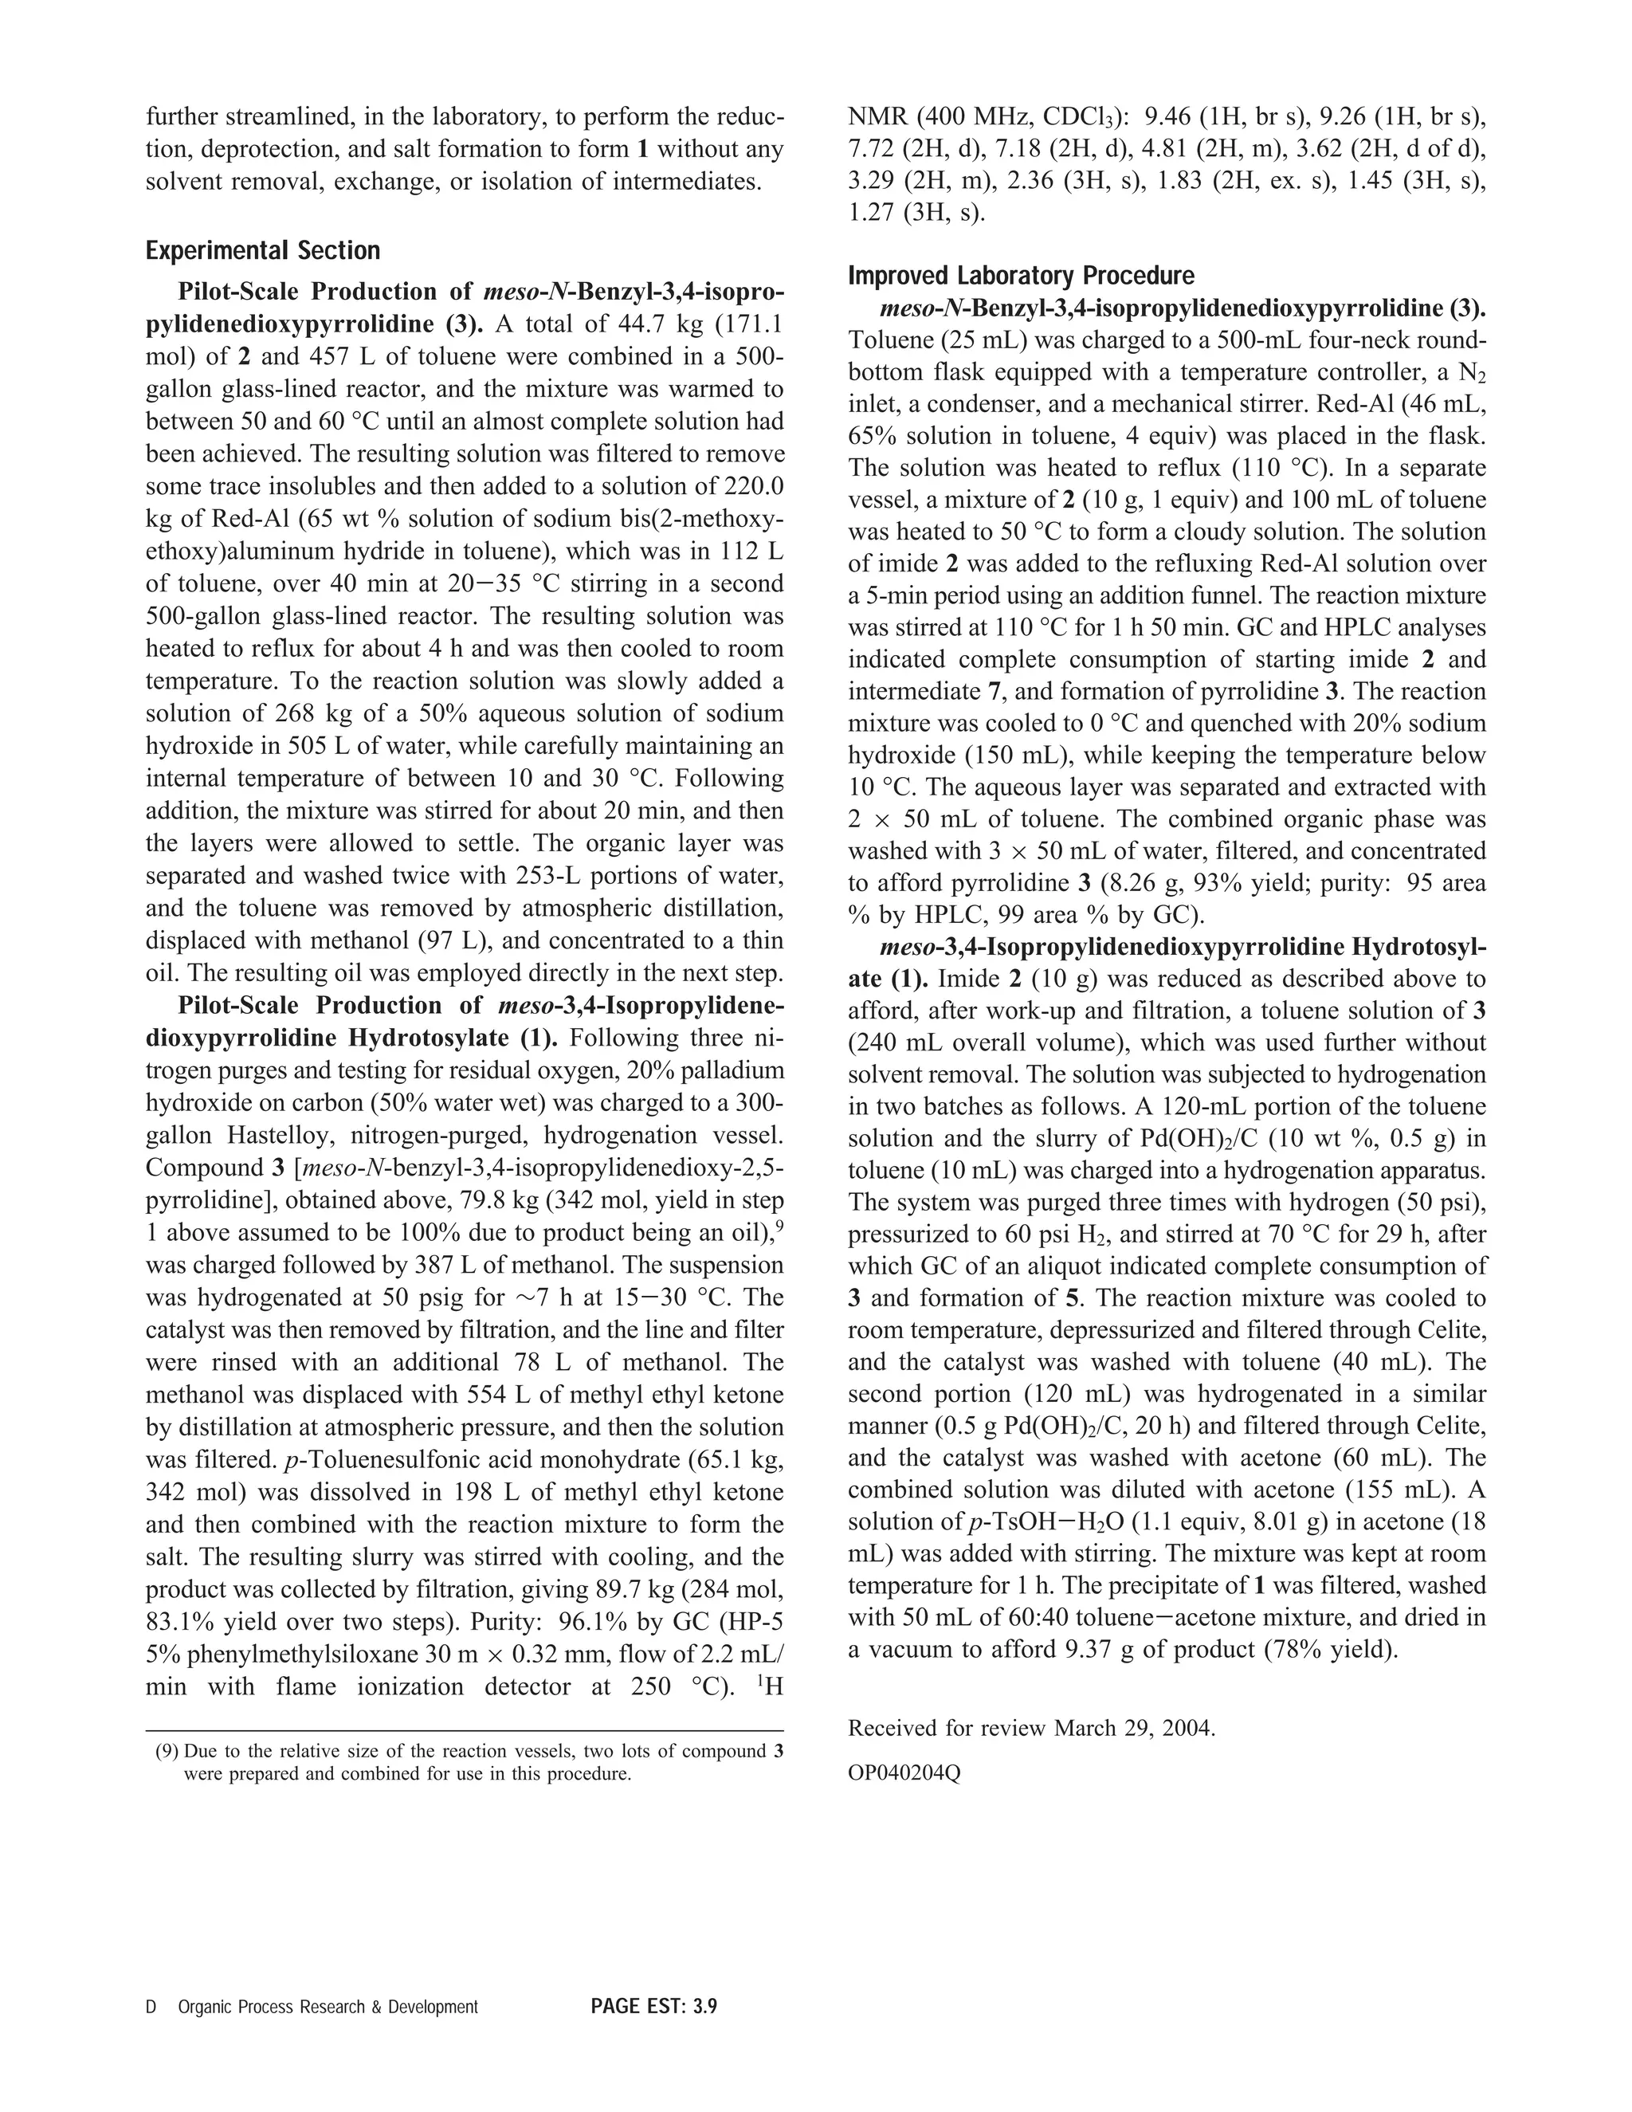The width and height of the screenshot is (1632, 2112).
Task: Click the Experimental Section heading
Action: [x=262, y=251]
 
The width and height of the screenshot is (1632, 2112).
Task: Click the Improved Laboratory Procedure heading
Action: [x=1021, y=276]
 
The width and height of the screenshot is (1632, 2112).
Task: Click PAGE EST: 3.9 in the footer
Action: [x=653, y=2007]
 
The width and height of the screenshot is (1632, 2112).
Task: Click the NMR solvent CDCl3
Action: [x=1079, y=118]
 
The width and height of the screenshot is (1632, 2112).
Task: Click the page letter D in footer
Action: [x=151, y=2007]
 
